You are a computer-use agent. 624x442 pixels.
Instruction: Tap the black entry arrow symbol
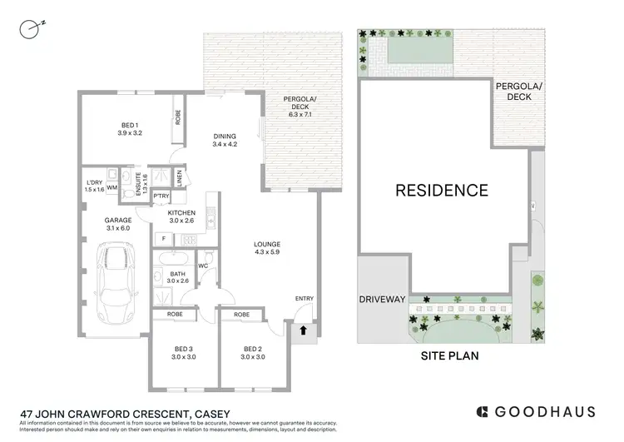pos(303,330)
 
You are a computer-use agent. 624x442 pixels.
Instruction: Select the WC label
pos(203,266)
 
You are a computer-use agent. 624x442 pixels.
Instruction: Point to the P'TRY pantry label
pos(161,196)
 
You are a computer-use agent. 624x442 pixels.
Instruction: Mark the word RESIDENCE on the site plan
pos(441,190)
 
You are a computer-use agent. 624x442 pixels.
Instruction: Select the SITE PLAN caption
pos(446,355)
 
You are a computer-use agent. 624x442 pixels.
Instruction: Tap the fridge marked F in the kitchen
pos(164,239)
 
